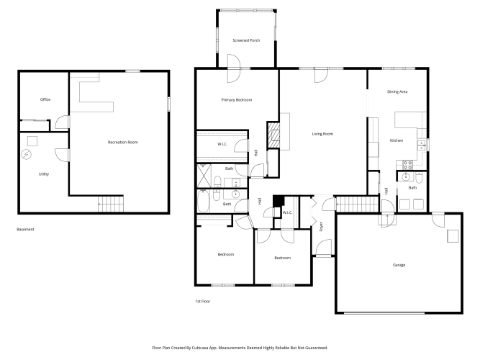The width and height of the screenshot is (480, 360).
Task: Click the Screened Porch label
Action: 246,40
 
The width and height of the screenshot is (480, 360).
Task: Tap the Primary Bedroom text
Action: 237,100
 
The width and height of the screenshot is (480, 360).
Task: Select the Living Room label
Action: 322,134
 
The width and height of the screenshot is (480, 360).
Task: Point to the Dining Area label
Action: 397,91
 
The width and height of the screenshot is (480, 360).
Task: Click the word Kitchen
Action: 396,140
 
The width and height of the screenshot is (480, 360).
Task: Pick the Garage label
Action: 399,265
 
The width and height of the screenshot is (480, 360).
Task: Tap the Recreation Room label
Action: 123,142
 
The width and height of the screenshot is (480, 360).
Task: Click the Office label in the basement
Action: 45,99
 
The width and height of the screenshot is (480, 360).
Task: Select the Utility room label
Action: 44,174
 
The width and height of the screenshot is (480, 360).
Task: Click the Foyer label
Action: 321,226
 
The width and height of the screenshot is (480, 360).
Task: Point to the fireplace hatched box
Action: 273,135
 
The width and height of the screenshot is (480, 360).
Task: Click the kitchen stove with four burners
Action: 407,165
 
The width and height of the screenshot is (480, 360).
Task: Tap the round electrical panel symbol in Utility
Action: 27,154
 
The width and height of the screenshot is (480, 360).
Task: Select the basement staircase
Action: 111,204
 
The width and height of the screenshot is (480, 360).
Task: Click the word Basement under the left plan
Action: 25,229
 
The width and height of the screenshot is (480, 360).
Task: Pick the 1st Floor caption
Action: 203,301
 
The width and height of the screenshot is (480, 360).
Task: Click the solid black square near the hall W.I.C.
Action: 279,201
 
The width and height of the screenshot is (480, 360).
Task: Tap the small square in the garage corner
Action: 453,236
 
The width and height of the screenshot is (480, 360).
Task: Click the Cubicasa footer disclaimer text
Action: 240,348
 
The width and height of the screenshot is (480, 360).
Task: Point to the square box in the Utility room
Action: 32,141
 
